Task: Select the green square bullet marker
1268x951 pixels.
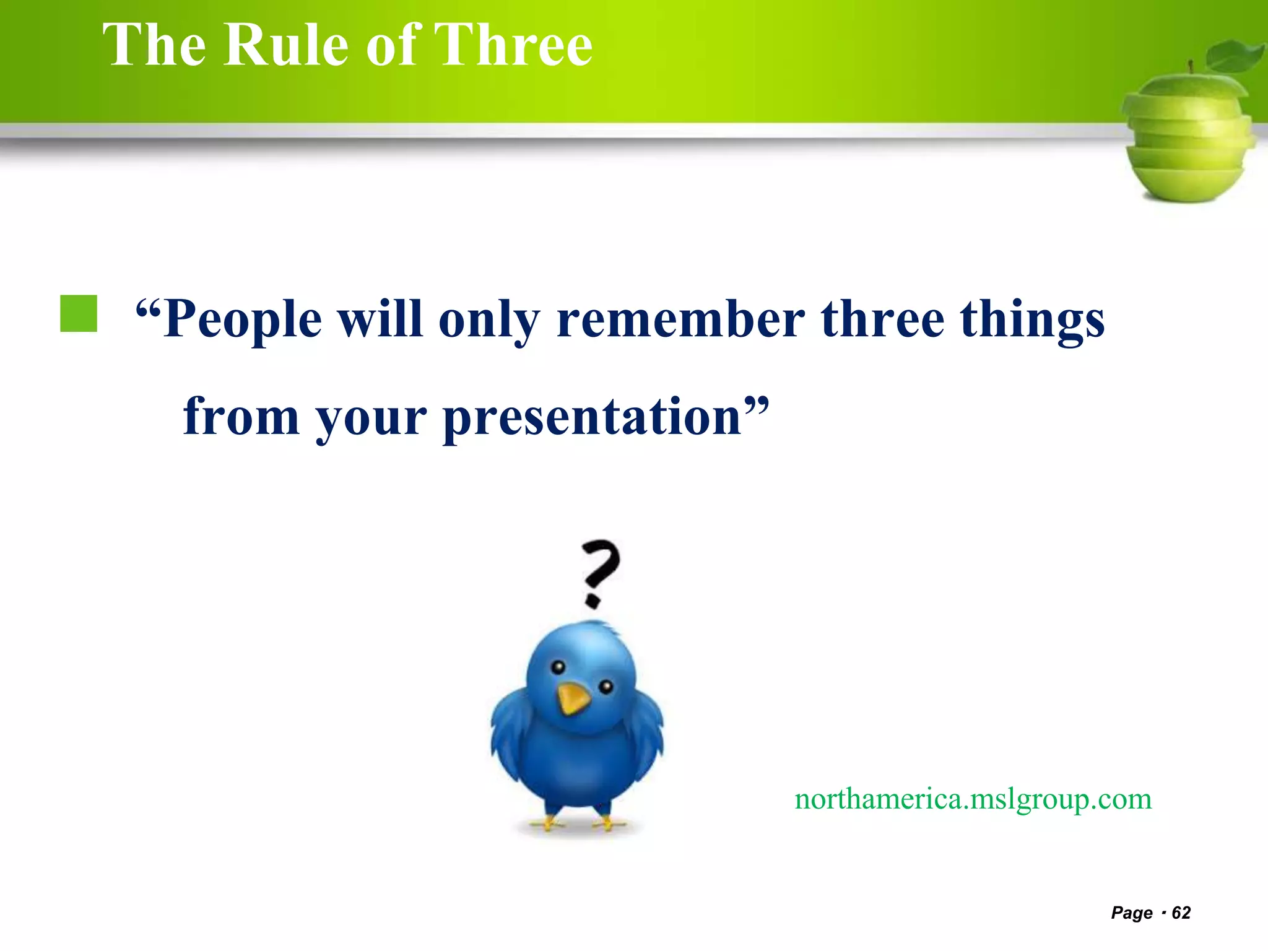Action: (79, 314)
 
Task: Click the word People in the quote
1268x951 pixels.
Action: (242, 320)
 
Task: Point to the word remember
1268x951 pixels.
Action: (680, 320)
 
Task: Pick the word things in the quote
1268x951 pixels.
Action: (1032, 320)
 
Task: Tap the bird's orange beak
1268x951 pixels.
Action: (573, 698)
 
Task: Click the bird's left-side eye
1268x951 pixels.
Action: (558, 667)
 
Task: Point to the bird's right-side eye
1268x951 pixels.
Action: (606, 686)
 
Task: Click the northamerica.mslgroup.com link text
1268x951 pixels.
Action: (973, 799)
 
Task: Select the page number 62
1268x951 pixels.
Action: (1181, 913)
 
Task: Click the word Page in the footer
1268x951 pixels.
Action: (1132, 913)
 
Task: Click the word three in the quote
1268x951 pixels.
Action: (882, 320)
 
